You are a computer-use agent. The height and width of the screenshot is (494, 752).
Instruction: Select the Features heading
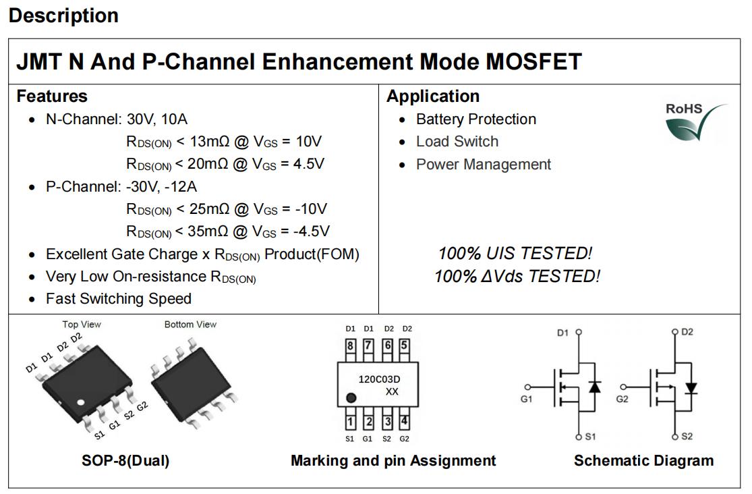(52, 96)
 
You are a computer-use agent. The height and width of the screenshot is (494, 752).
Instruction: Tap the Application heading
(433, 96)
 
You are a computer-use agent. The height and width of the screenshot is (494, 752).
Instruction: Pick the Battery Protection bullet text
(475, 119)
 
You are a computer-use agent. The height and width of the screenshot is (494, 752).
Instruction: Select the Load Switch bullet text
(457, 142)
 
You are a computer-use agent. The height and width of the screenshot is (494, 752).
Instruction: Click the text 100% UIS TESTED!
(515, 254)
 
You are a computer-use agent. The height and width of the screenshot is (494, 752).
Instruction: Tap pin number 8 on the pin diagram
(351, 346)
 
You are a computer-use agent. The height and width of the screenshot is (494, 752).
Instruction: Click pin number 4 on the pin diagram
(404, 422)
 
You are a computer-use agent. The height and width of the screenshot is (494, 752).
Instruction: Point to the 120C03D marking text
(379, 379)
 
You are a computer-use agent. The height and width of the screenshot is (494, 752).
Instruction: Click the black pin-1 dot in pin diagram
(351, 398)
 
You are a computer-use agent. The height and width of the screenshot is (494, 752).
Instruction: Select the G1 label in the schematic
(526, 399)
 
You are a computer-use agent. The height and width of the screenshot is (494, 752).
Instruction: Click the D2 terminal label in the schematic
(687, 332)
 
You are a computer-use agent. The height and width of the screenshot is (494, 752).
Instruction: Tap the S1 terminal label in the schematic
(590, 437)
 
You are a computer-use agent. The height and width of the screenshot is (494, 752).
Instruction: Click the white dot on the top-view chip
(80, 402)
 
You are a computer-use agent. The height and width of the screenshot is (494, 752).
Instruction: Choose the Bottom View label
(190, 325)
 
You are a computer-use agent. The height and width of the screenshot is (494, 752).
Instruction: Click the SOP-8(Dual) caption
(125, 460)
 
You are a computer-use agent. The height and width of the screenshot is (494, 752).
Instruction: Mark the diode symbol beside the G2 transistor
(691, 387)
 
